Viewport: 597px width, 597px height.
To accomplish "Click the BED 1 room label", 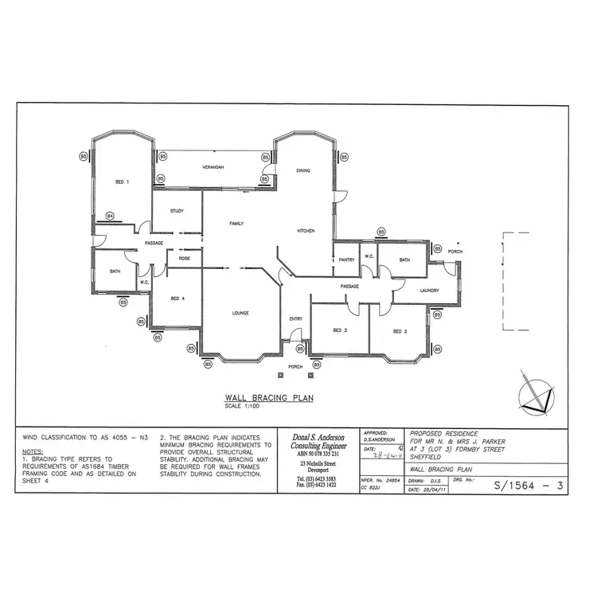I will click(x=123, y=182).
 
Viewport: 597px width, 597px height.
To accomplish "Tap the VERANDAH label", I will click(x=211, y=167).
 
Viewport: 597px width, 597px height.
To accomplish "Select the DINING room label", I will click(x=302, y=170).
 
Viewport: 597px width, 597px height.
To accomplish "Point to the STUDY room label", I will click(x=177, y=211).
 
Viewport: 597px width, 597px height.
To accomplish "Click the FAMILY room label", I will click(x=236, y=224).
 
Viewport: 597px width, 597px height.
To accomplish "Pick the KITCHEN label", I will click(x=306, y=231).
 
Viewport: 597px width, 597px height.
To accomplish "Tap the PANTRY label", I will click(x=345, y=259).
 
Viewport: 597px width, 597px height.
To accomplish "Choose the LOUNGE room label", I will click(x=240, y=313).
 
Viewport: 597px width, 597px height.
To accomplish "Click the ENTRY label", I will click(x=296, y=319).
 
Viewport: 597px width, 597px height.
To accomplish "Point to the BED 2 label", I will click(x=400, y=330).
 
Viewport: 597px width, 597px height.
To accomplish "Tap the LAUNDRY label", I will click(x=430, y=291).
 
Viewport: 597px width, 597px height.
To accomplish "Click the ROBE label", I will click(x=184, y=259).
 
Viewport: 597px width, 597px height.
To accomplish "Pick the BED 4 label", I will click(x=178, y=298).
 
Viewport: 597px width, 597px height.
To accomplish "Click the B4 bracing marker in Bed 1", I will click(x=110, y=216).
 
